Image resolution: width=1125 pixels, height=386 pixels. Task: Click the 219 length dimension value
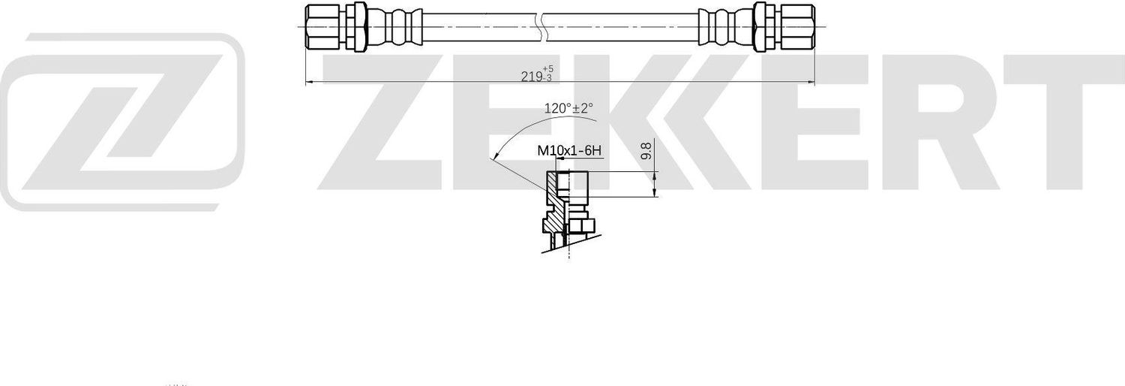click(532, 75)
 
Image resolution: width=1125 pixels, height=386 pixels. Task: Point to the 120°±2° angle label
click(568, 108)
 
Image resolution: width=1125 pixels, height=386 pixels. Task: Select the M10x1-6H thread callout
click(569, 151)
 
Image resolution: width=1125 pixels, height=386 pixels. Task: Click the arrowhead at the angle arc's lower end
click(494, 158)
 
